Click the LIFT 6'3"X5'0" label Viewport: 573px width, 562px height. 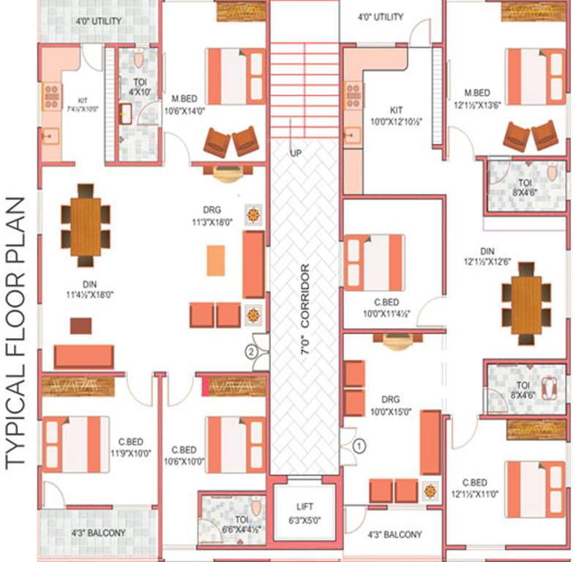point(304,512)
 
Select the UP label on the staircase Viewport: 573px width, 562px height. point(296,154)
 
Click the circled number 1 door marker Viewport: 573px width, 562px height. point(359,444)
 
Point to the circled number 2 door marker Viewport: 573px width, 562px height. point(251,351)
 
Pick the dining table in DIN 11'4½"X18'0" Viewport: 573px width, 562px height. point(86,225)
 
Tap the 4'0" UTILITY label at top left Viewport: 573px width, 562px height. point(99,21)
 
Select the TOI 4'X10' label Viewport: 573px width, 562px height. point(140,87)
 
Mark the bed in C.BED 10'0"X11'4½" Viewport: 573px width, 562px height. point(374,263)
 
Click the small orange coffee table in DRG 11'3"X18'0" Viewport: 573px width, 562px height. point(215,261)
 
